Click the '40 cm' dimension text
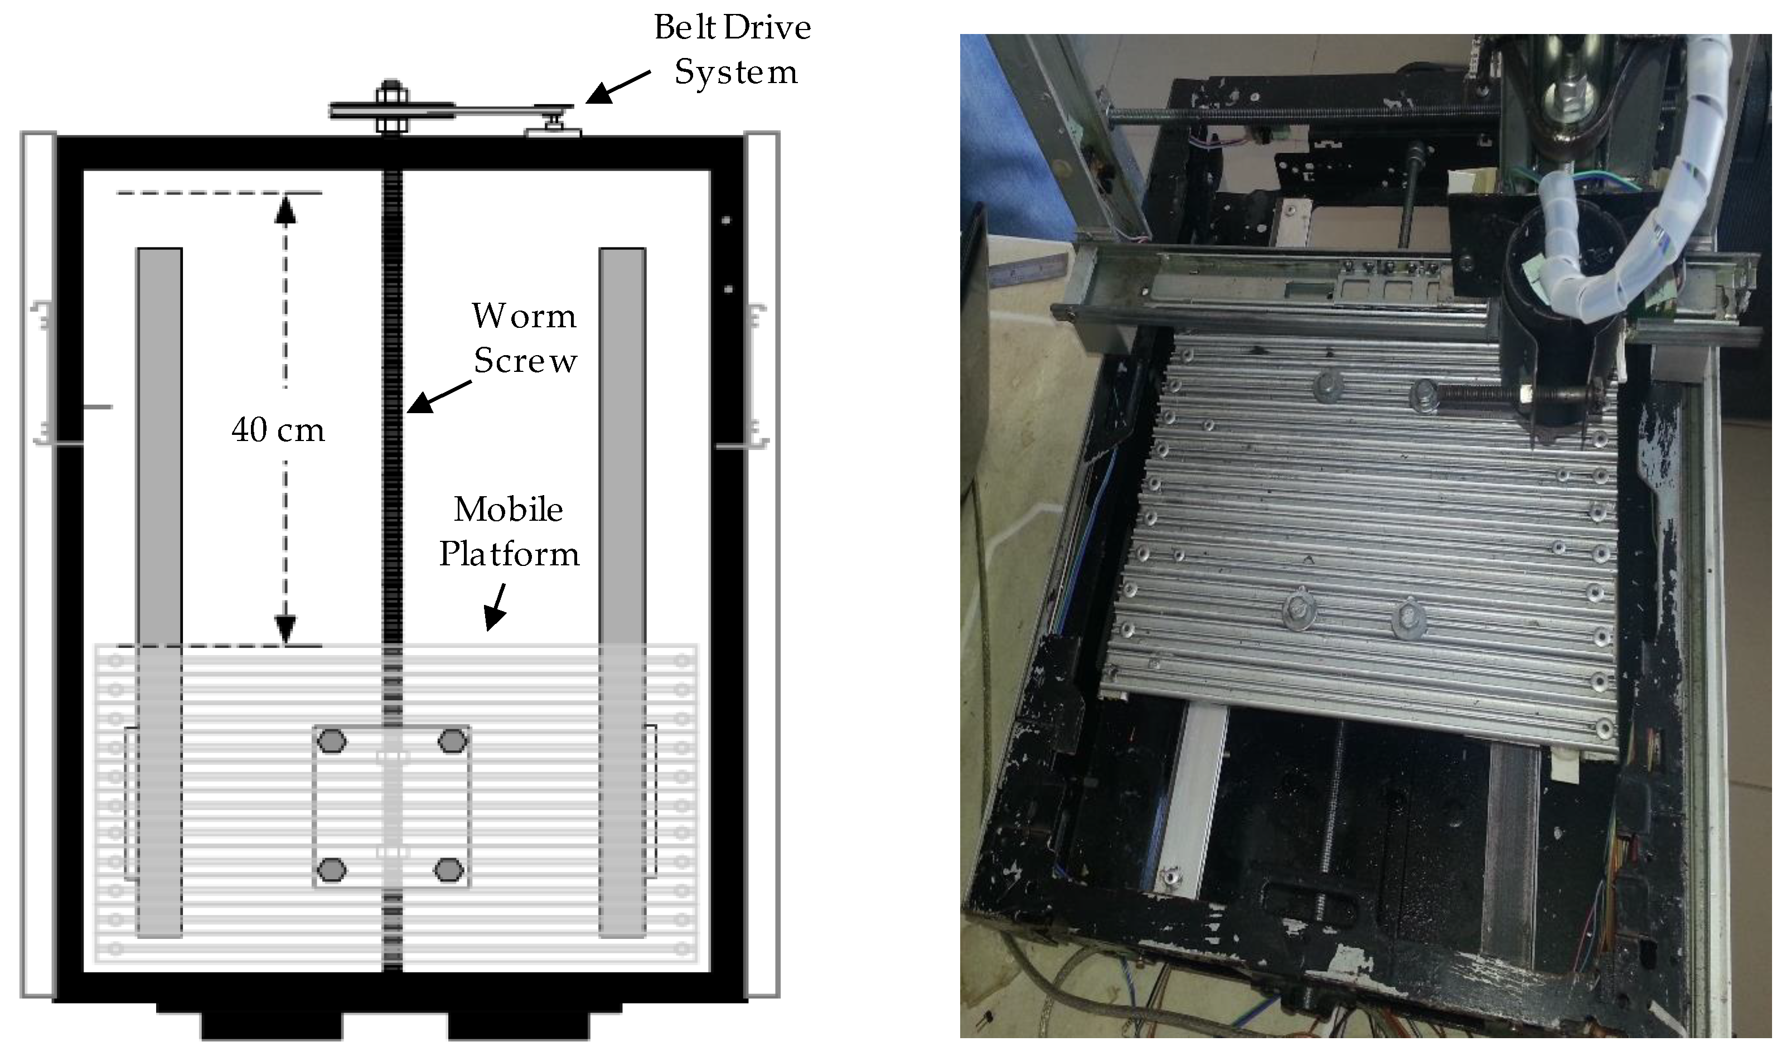(278, 430)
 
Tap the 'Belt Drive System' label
(733, 50)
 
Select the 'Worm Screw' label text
(525, 338)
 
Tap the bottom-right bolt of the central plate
(448, 870)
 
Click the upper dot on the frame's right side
(726, 221)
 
